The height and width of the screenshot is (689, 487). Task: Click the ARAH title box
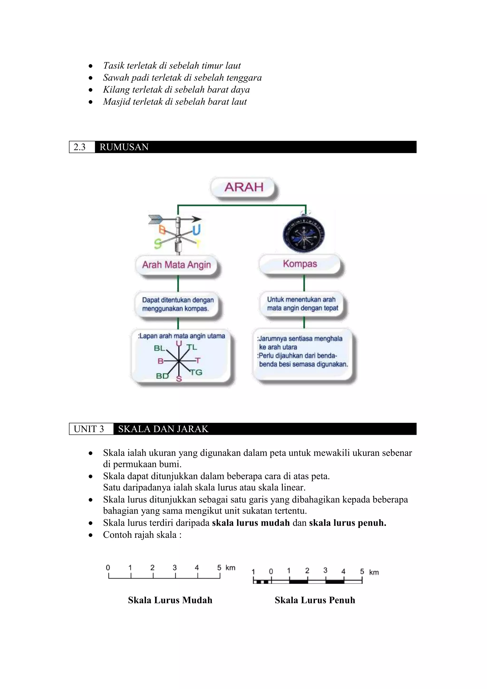(x=243, y=187)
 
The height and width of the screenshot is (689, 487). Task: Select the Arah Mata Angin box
(x=176, y=265)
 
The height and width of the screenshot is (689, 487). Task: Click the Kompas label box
(x=300, y=264)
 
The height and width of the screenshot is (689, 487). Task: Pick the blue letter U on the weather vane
(x=196, y=230)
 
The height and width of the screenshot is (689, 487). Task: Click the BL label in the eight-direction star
(x=159, y=348)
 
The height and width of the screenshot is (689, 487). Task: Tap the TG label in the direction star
(x=196, y=372)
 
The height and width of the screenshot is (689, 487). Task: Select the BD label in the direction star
(x=162, y=376)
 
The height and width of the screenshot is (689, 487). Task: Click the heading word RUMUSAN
(x=124, y=147)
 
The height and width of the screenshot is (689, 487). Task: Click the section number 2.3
(x=79, y=147)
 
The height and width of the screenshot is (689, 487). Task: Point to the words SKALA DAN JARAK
(x=163, y=429)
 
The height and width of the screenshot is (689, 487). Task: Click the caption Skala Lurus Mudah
(x=170, y=600)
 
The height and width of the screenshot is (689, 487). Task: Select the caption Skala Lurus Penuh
(x=315, y=600)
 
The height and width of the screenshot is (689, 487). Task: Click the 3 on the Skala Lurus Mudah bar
(x=175, y=567)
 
